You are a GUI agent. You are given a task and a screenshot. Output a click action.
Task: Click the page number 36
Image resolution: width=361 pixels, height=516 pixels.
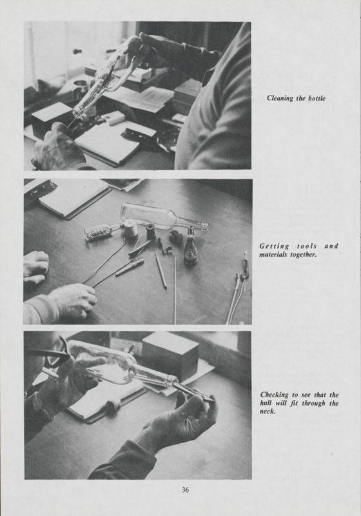click(185, 490)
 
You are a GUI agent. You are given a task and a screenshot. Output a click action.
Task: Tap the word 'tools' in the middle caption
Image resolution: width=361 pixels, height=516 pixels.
click(298, 246)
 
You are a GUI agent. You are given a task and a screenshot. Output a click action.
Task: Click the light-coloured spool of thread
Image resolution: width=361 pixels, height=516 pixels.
click(132, 229)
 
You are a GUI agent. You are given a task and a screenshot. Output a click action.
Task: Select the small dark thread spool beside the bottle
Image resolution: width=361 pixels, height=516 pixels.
click(151, 232)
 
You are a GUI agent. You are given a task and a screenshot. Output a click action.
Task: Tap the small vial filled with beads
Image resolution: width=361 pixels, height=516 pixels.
click(99, 232)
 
